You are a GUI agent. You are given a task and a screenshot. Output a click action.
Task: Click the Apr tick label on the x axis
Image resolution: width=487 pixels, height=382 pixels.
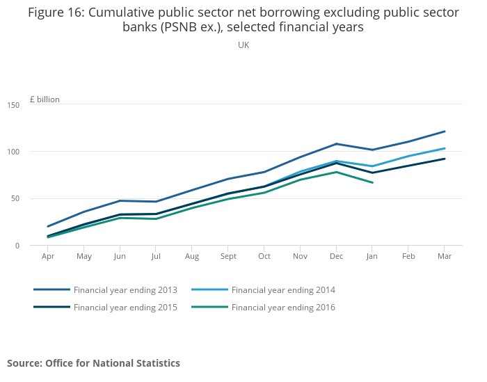(48, 256)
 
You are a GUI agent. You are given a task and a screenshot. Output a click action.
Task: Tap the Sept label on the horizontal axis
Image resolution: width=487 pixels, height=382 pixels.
(228, 256)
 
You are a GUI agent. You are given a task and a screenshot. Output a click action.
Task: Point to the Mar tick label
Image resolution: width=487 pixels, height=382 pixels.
(445, 256)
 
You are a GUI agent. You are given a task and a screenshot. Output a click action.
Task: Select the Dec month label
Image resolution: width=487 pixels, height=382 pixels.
(336, 256)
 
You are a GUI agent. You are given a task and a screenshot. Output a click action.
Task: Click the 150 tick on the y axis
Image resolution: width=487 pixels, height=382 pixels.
(13, 104)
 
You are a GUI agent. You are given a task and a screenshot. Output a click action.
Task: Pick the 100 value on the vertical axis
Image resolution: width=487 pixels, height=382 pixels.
(13, 152)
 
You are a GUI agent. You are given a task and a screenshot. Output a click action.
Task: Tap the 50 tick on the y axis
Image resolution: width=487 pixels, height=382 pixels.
(15, 198)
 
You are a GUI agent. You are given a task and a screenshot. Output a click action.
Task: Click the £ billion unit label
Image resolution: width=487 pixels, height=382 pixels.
(45, 100)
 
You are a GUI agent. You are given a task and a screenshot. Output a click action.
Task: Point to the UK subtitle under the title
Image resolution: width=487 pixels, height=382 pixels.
(243, 45)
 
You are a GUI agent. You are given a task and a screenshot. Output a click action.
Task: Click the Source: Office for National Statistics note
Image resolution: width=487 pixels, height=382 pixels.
(93, 363)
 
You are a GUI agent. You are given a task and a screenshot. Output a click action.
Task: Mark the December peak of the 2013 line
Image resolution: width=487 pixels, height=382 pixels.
(336, 144)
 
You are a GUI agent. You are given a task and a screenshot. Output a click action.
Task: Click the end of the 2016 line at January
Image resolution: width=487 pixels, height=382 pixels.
(372, 182)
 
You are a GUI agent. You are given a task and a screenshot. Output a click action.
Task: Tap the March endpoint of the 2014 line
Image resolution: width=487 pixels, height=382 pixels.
(445, 148)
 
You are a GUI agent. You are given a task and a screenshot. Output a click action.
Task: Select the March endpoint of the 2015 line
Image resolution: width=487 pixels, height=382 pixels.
(445, 159)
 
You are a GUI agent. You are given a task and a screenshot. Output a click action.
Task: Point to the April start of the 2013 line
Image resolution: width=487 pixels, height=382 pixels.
(48, 226)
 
